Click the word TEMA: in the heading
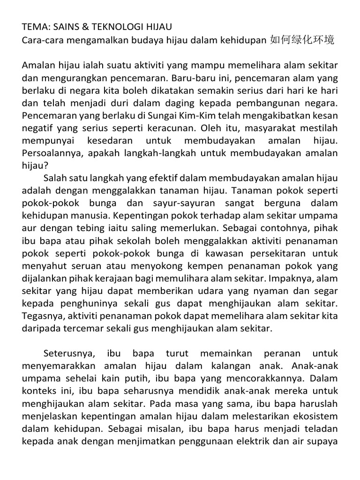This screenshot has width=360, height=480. pos(34,28)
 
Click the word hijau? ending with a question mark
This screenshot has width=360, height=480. pos(34,165)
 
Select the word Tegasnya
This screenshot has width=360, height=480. pos(40,315)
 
